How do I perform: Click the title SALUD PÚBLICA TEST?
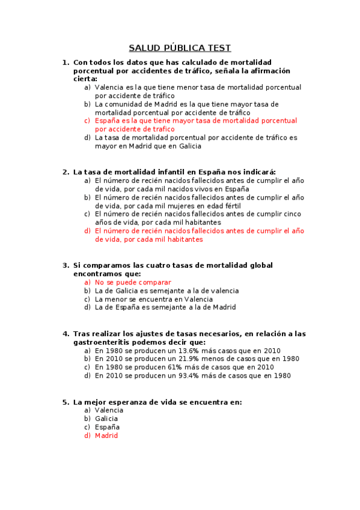coord(180,48)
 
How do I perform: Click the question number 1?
coord(65,62)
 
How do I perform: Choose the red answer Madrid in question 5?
coord(106,435)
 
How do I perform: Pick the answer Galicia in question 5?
coord(106,419)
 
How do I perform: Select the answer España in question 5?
coord(108,427)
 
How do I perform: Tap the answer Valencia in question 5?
coord(109,410)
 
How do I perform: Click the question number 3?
coord(65,265)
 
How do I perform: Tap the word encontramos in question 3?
coord(97,274)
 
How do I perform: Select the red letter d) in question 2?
coord(88,230)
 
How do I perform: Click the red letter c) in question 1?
coord(88,121)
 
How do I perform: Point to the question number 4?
coord(65,334)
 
